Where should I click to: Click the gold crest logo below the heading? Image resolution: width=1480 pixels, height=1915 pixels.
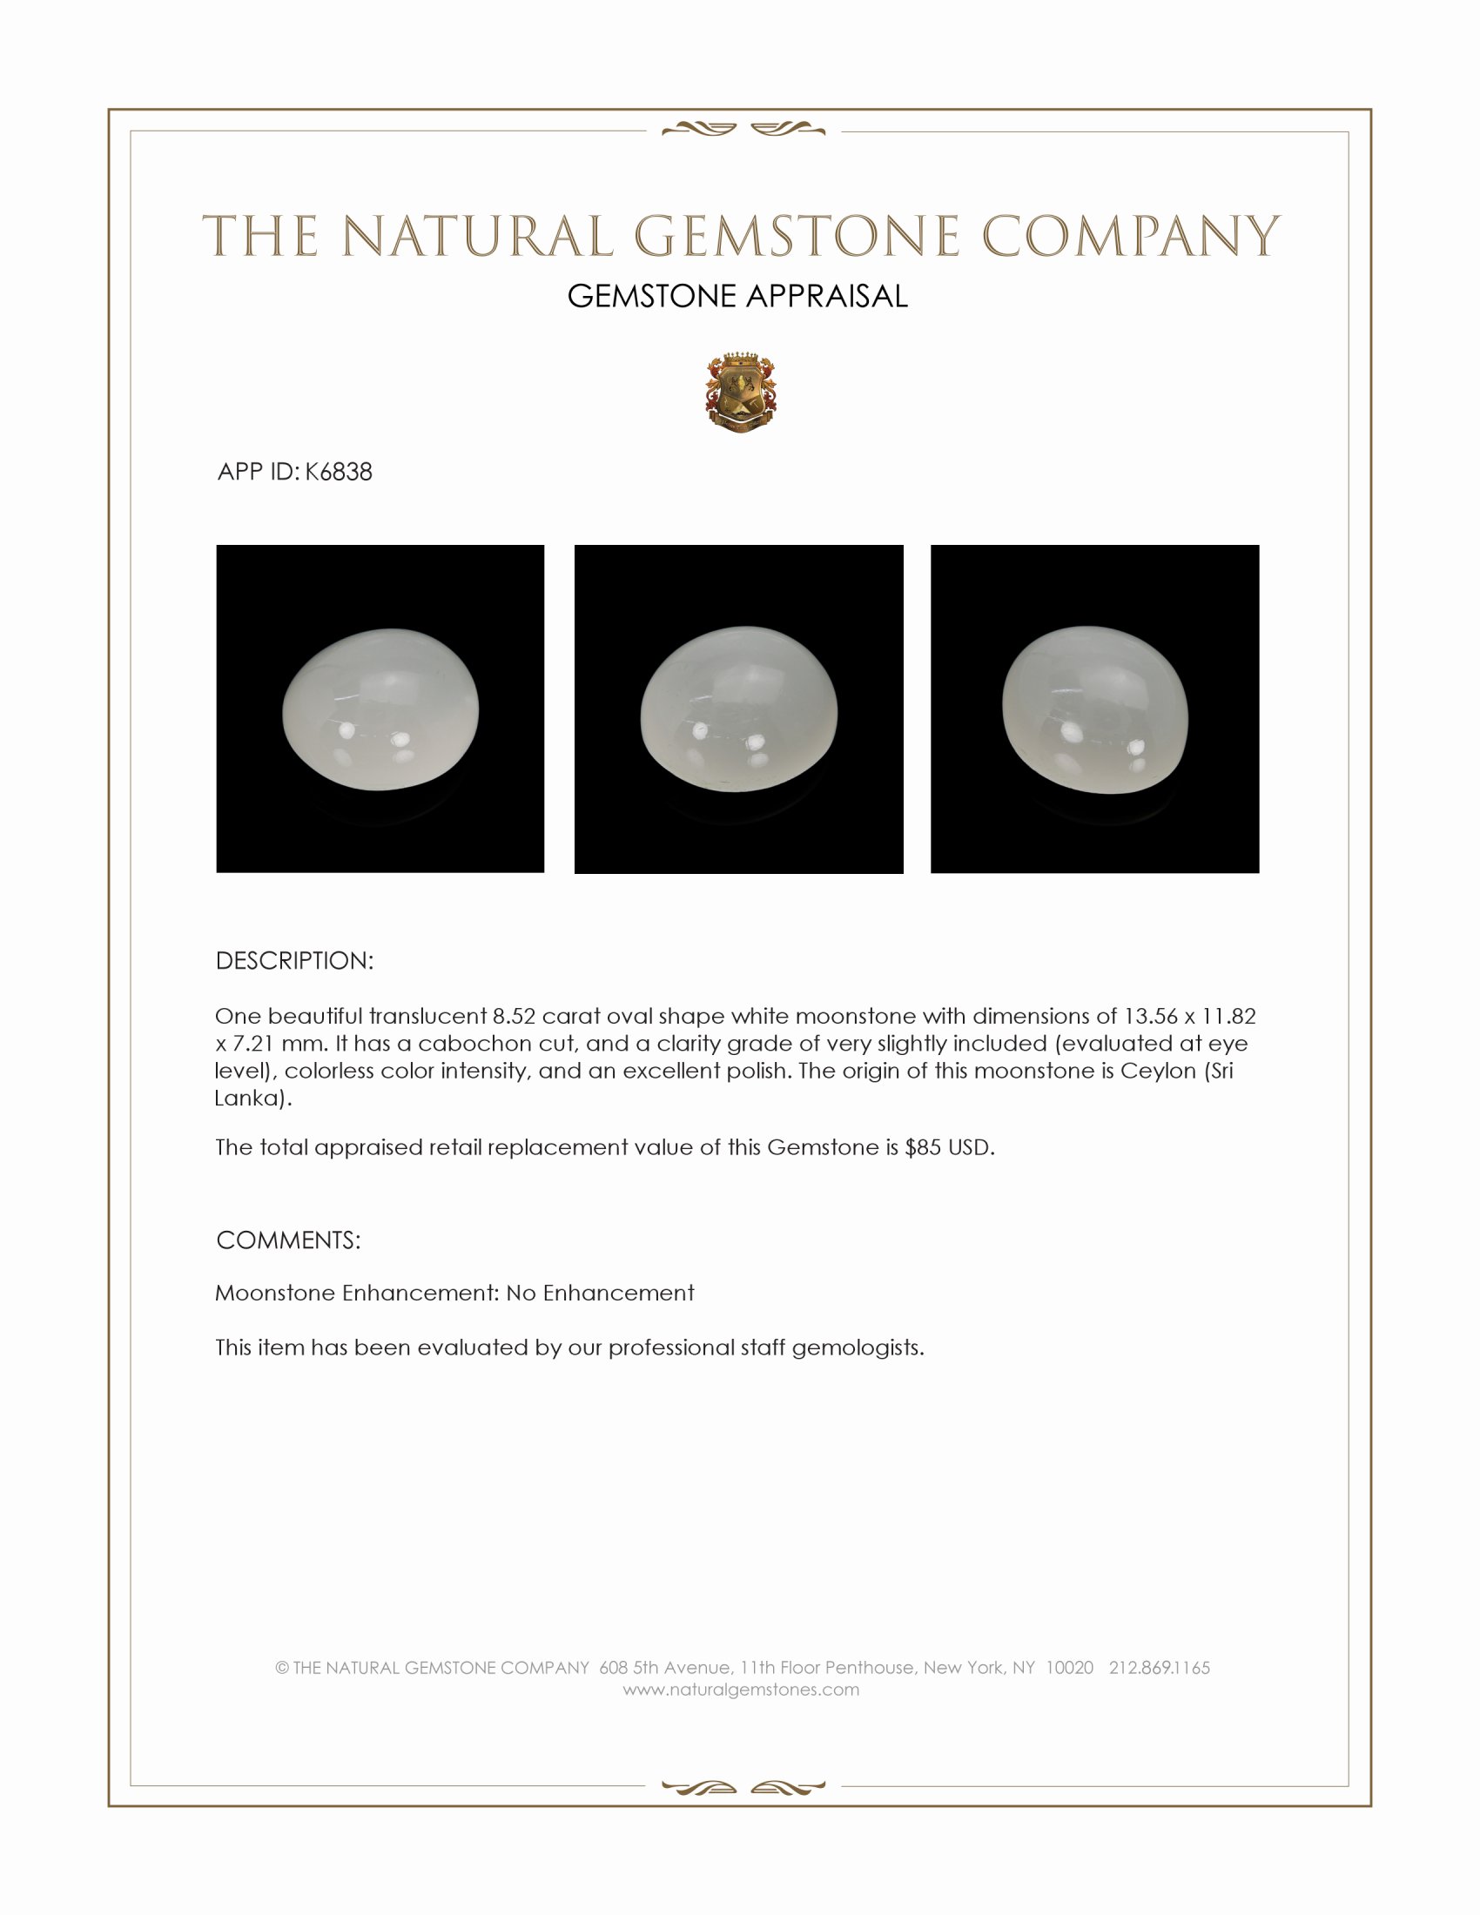[741, 393]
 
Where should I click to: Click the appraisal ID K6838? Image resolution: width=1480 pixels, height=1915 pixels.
[339, 472]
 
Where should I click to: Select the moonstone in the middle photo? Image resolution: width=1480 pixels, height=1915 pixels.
[738, 709]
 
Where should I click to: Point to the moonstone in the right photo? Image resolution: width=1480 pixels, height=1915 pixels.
[1095, 709]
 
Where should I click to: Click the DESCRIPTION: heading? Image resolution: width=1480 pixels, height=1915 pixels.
[294, 961]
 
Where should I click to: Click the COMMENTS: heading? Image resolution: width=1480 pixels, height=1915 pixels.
[288, 1240]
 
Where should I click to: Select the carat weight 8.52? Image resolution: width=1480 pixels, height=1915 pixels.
[514, 1016]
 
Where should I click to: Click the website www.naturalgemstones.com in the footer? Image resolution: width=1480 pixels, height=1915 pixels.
[741, 1690]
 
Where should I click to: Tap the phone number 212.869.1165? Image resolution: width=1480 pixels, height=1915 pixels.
[1159, 1668]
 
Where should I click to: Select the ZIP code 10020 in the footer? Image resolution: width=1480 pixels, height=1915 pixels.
[1069, 1668]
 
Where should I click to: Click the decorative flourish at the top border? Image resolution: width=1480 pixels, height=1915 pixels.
[743, 130]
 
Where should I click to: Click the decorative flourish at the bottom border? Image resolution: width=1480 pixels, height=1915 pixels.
[743, 1787]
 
